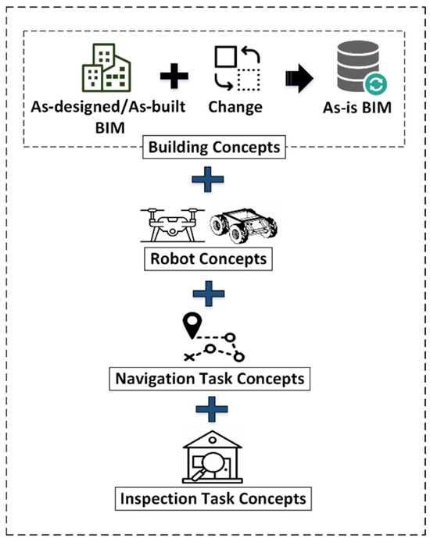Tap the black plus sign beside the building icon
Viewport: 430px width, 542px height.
tap(174, 77)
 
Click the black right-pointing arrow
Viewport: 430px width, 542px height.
tap(299, 77)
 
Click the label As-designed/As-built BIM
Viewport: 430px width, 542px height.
tap(109, 114)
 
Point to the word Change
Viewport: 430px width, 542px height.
tap(235, 106)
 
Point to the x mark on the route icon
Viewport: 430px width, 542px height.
tap(188, 357)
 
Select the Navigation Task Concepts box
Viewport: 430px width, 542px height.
tap(208, 380)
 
